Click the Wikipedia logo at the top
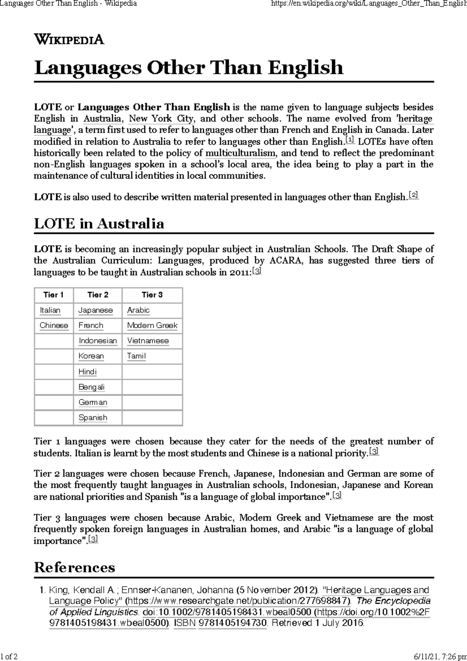tap(69, 39)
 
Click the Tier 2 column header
tap(98, 295)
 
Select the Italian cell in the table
tap(50, 310)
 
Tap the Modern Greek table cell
tap(152, 325)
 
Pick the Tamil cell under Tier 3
tap(136, 356)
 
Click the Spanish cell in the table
tap(93, 418)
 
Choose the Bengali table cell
tap(91, 387)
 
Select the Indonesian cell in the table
tap(98, 341)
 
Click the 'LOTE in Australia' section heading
tap(99, 223)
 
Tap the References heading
tap(74, 567)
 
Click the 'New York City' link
tap(161, 118)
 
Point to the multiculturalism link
tap(240, 153)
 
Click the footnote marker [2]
tap(413, 195)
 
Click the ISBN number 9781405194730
tap(232, 623)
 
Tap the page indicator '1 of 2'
tap(9, 657)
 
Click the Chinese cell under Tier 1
tap(54, 325)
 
